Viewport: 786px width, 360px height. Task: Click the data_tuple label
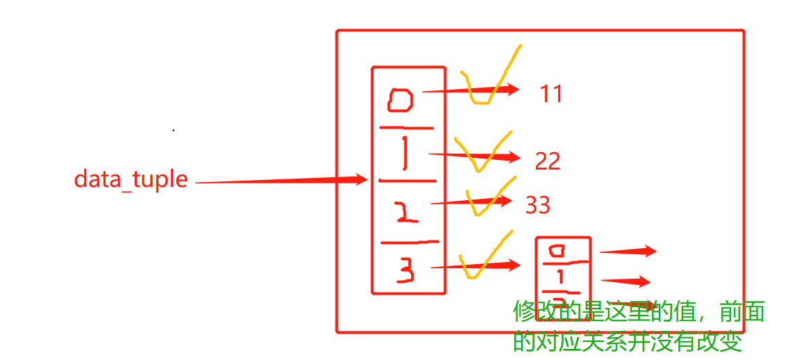tap(131, 179)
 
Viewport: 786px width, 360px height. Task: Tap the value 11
tap(551, 94)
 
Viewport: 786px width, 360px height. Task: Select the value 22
tap(548, 161)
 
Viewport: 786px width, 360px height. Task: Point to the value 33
tap(538, 205)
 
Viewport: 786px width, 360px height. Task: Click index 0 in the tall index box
tap(401, 101)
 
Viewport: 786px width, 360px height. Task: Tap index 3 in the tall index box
tap(406, 270)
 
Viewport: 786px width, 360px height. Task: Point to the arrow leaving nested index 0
tap(628, 252)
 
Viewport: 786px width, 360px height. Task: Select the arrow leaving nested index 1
tap(625, 281)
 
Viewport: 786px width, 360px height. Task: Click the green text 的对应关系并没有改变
tap(628, 341)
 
